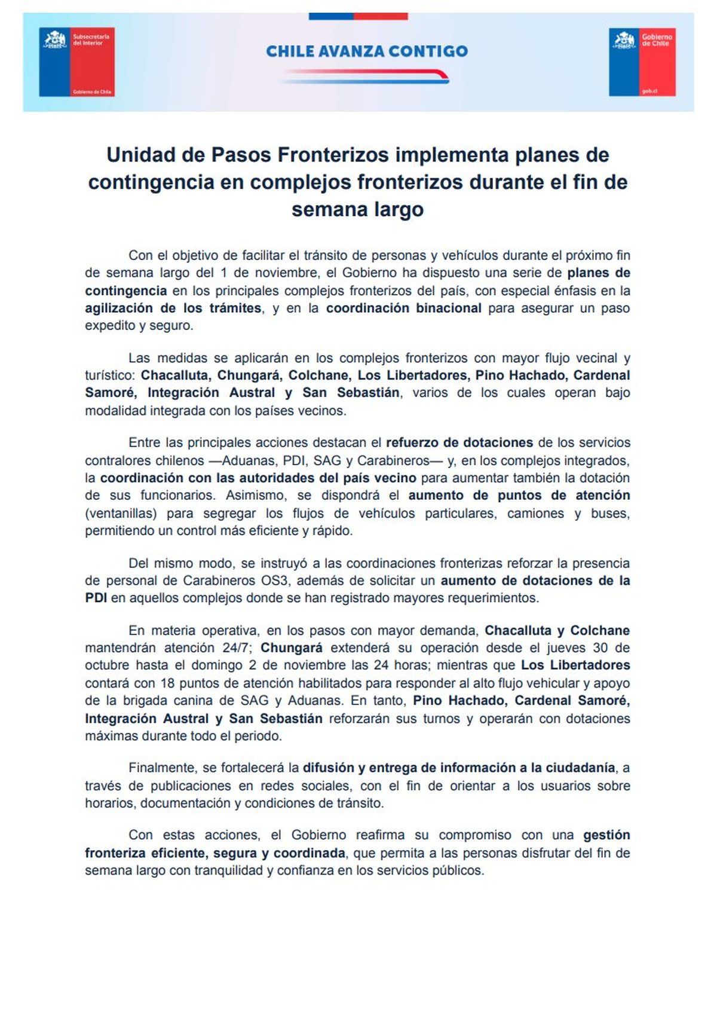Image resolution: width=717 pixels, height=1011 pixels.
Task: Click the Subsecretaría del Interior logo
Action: [76, 62]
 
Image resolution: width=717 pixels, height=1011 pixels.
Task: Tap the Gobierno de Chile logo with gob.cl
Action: [642, 62]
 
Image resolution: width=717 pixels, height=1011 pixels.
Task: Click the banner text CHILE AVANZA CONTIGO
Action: [367, 51]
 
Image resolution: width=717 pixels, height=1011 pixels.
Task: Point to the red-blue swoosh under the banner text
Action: [364, 76]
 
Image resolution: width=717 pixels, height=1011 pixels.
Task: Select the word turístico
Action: [111, 375]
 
